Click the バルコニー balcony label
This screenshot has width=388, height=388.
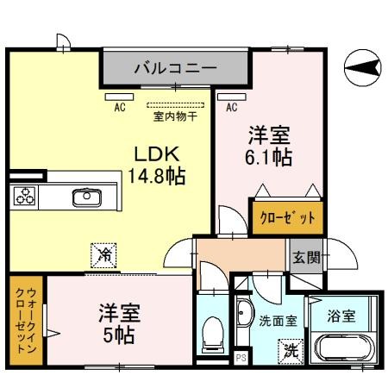click(174, 66)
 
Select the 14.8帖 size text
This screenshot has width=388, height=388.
click(158, 176)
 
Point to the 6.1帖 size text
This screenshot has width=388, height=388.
click(269, 158)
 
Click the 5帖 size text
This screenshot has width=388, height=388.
click(118, 333)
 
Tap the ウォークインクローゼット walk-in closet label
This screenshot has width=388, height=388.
click(24, 320)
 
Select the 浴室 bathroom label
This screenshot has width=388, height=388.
click(340, 316)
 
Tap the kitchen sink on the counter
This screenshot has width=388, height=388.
click(86, 197)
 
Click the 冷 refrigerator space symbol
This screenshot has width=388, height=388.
click(103, 254)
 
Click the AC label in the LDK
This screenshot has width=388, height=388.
click(122, 108)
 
